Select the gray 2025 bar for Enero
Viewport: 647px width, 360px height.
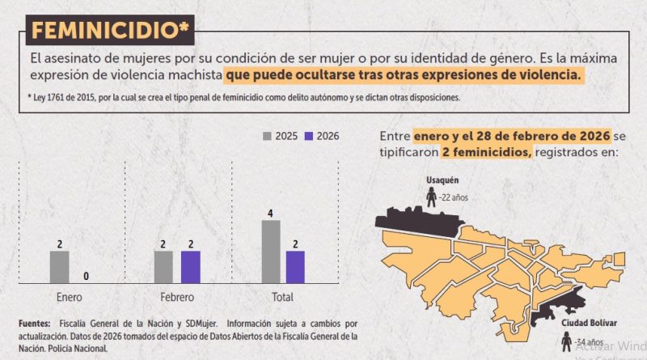(x=60, y=266)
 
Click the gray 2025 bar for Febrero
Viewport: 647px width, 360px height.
(x=163, y=266)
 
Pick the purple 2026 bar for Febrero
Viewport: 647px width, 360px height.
(x=190, y=266)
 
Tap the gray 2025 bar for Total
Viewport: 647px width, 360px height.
(x=271, y=251)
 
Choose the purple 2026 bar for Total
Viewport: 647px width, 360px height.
(x=295, y=266)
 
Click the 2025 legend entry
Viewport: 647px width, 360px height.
(x=282, y=136)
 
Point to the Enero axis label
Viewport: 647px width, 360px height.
(x=69, y=296)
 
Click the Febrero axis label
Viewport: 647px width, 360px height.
(x=176, y=296)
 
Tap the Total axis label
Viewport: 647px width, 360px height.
(x=283, y=296)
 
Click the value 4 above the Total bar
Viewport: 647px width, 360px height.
(x=271, y=214)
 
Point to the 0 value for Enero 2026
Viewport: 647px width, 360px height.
(x=86, y=276)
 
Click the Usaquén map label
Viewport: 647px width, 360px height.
(x=443, y=180)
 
